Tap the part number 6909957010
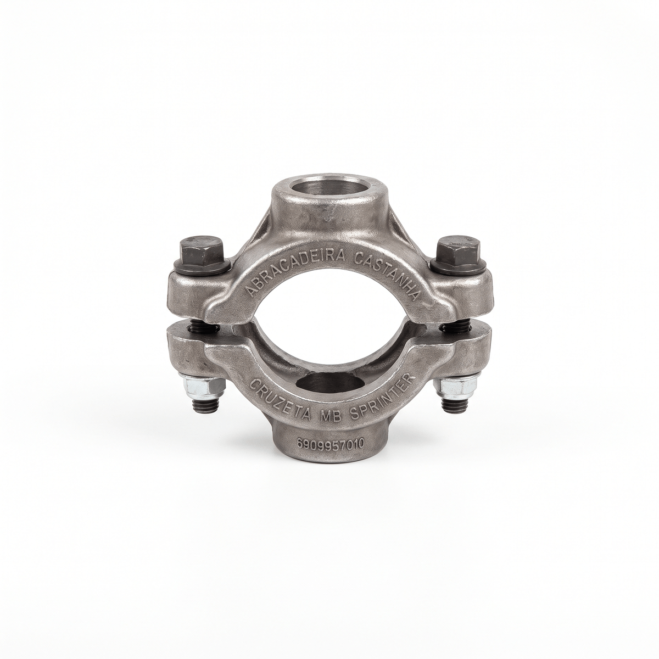pos(330,443)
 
